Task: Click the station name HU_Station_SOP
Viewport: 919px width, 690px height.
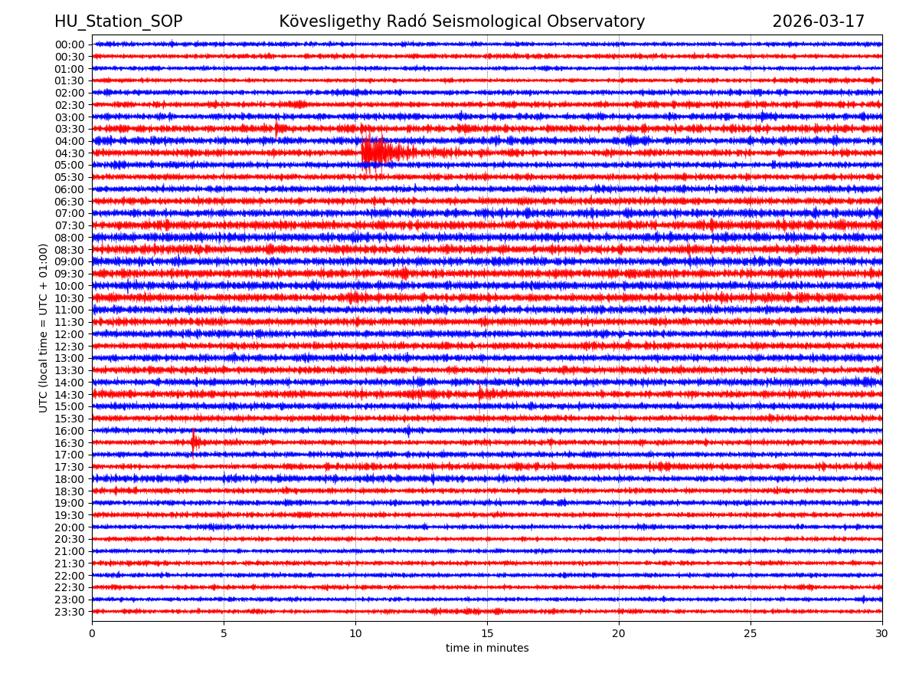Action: click(118, 21)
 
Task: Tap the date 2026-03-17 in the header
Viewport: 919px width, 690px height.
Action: click(818, 21)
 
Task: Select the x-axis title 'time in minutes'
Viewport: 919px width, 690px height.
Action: click(487, 649)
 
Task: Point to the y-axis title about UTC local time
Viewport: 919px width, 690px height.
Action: click(44, 328)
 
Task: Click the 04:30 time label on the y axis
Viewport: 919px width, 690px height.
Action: click(69, 153)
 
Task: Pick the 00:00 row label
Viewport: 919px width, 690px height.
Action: click(69, 44)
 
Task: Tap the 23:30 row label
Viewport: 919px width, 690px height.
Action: click(69, 612)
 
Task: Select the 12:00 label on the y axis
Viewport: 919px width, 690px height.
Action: click(69, 334)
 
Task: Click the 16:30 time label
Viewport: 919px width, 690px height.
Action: click(69, 443)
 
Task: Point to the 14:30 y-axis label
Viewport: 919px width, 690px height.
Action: click(69, 395)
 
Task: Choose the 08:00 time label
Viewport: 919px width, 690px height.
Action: click(69, 238)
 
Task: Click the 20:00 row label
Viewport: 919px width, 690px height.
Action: click(69, 527)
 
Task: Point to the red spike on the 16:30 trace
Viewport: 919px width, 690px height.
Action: click(193, 442)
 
